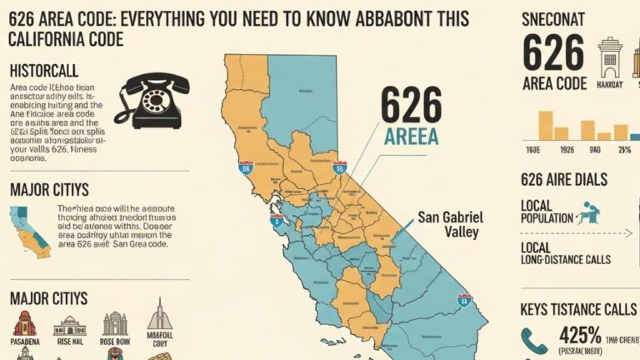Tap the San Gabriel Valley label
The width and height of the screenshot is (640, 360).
[450, 224]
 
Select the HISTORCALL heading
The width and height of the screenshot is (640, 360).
[43, 72]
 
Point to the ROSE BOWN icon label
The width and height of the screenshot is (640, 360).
[114, 342]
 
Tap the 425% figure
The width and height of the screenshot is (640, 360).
[580, 336]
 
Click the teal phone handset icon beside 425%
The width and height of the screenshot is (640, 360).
[534, 341]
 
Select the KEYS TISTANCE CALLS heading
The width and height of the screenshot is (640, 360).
[577, 309]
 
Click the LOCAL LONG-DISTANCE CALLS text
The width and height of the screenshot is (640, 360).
[565, 254]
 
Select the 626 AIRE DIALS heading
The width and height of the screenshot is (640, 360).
[563, 180]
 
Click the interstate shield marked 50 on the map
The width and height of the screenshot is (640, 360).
[339, 167]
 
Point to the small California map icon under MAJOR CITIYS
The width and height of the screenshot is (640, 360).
[29, 232]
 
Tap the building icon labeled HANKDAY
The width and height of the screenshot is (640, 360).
[611, 57]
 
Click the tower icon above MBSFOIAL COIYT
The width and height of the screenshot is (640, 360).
[159, 317]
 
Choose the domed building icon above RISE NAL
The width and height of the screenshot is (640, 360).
[70, 325]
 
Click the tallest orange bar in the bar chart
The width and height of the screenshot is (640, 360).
[546, 124]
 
